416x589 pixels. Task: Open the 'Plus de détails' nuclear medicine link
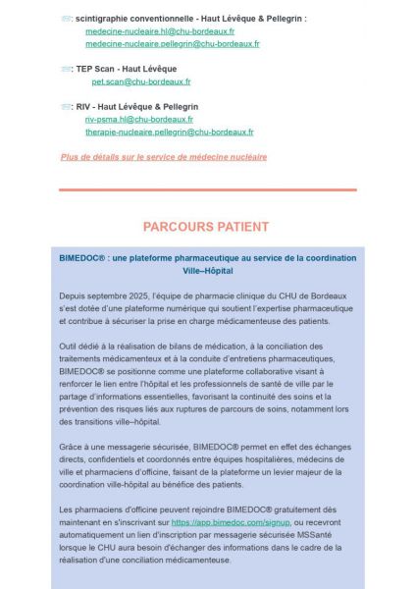click(164, 156)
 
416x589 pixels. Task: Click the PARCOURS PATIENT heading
click(206, 227)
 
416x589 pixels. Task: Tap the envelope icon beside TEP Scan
click(66, 69)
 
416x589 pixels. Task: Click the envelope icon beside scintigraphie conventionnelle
click(66, 19)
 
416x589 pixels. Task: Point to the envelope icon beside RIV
click(66, 106)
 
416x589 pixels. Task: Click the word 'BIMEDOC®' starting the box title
click(83, 257)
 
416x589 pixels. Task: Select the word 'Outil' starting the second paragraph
click(70, 347)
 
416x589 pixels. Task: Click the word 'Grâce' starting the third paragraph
click(72, 447)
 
